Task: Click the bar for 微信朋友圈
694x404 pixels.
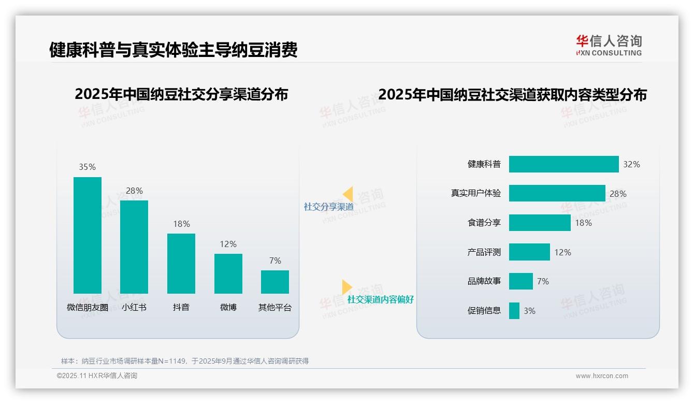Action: pyautogui.click(x=88, y=235)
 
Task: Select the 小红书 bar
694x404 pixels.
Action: pyautogui.click(x=134, y=247)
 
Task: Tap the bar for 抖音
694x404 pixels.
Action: pyautogui.click(x=181, y=264)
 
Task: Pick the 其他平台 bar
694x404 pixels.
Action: pyautogui.click(x=275, y=282)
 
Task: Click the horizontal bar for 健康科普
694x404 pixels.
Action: pyautogui.click(x=563, y=164)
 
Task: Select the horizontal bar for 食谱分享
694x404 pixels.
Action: pyautogui.click(x=540, y=223)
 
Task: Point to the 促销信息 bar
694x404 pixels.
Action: pyautogui.click(x=514, y=311)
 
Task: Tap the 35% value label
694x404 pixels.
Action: pyautogui.click(x=88, y=167)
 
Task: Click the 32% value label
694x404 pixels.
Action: pyautogui.click(x=631, y=164)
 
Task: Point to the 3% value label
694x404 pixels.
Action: pyautogui.click(x=529, y=311)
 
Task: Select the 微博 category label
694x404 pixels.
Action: pyautogui.click(x=228, y=307)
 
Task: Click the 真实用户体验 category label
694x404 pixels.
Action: pyautogui.click(x=476, y=193)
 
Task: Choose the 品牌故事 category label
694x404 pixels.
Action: pyautogui.click(x=484, y=281)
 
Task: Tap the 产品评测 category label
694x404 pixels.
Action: pyautogui.click(x=484, y=252)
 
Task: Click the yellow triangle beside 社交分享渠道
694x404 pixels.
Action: pyautogui.click(x=349, y=194)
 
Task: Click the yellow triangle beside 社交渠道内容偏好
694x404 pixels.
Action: pyautogui.click(x=346, y=287)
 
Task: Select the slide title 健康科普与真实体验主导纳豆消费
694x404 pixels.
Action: pyautogui.click(x=173, y=50)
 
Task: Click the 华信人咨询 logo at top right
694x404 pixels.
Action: pyautogui.click(x=609, y=45)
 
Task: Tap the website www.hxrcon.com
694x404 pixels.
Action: pyautogui.click(x=602, y=376)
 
